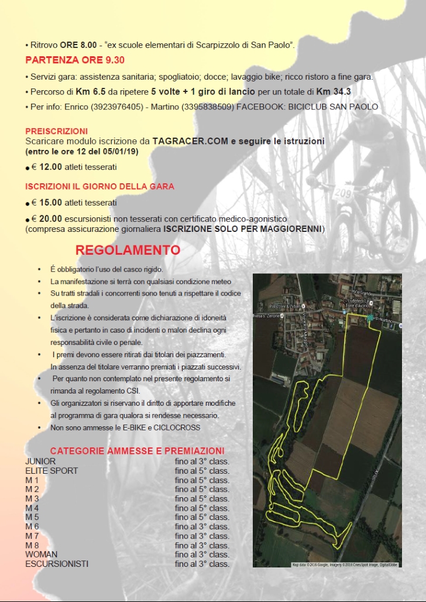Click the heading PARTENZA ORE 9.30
[x=75, y=60]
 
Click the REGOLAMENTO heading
[x=128, y=250]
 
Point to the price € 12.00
[x=47, y=167]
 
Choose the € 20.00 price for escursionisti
[x=47, y=218]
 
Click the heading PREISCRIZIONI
[x=56, y=131]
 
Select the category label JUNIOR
[x=40, y=461]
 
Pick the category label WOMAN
[x=41, y=554]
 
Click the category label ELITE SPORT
[x=51, y=470]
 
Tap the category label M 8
[x=32, y=545]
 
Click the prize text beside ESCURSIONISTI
[x=202, y=563]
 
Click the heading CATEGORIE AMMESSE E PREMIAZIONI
[x=137, y=451]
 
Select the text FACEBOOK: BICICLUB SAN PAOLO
[x=307, y=107]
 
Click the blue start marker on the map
[x=370, y=318]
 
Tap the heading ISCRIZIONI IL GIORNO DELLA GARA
[x=99, y=187]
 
